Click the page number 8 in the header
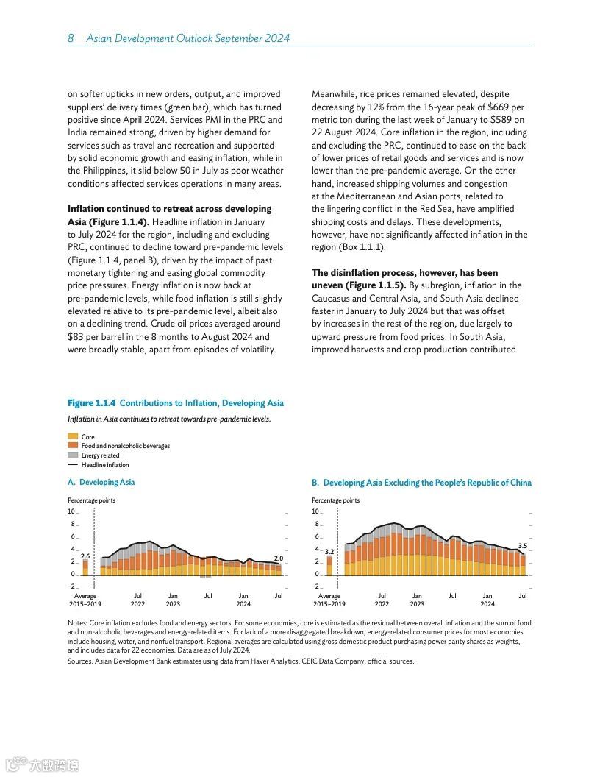(71, 38)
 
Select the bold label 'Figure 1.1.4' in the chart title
(91, 403)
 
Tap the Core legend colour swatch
(72, 436)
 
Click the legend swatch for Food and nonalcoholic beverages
(72, 446)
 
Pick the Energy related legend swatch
(72, 455)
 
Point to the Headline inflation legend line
(72, 465)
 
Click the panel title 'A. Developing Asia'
(101, 483)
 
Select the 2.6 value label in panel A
(85, 556)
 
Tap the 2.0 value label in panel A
(279, 558)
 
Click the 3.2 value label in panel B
(329, 551)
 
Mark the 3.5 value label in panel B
(523, 546)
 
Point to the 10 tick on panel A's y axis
(71, 511)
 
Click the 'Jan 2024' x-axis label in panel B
(488, 600)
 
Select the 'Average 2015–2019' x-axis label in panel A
(85, 600)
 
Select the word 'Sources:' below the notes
(81, 661)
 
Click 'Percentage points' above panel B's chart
(335, 500)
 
